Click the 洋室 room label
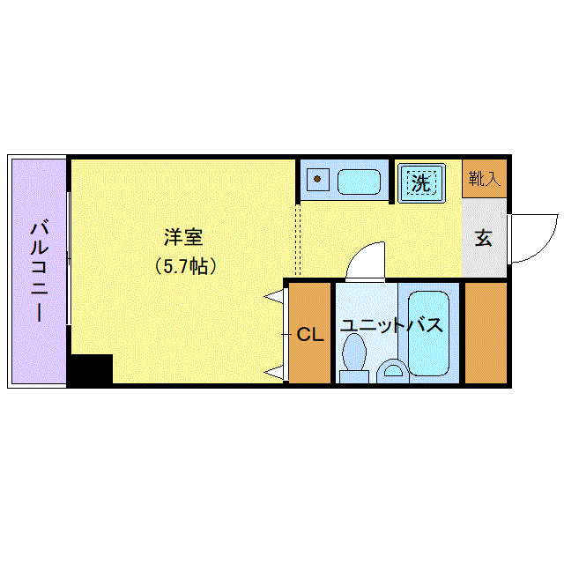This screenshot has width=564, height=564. [184, 237]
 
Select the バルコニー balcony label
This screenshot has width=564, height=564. [38, 271]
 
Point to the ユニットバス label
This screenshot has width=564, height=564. [391, 325]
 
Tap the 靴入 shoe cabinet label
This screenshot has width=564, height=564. [485, 180]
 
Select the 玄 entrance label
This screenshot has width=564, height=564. [484, 238]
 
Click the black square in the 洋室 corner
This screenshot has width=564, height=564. [91, 369]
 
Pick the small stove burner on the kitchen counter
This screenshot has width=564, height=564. [316, 181]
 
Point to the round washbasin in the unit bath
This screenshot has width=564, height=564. [393, 371]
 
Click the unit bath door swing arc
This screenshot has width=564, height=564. [365, 260]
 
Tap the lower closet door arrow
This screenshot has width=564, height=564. [275, 372]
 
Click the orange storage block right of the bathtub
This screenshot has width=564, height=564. [486, 332]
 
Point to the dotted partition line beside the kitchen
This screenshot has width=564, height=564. [298, 238]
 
